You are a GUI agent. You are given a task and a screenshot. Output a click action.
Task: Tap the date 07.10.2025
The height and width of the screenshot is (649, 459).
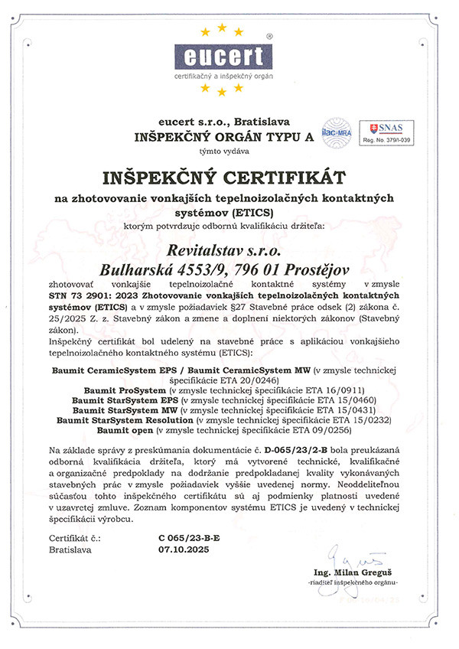(x=182, y=550)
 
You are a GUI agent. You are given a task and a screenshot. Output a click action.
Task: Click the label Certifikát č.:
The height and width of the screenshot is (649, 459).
(x=73, y=539)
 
